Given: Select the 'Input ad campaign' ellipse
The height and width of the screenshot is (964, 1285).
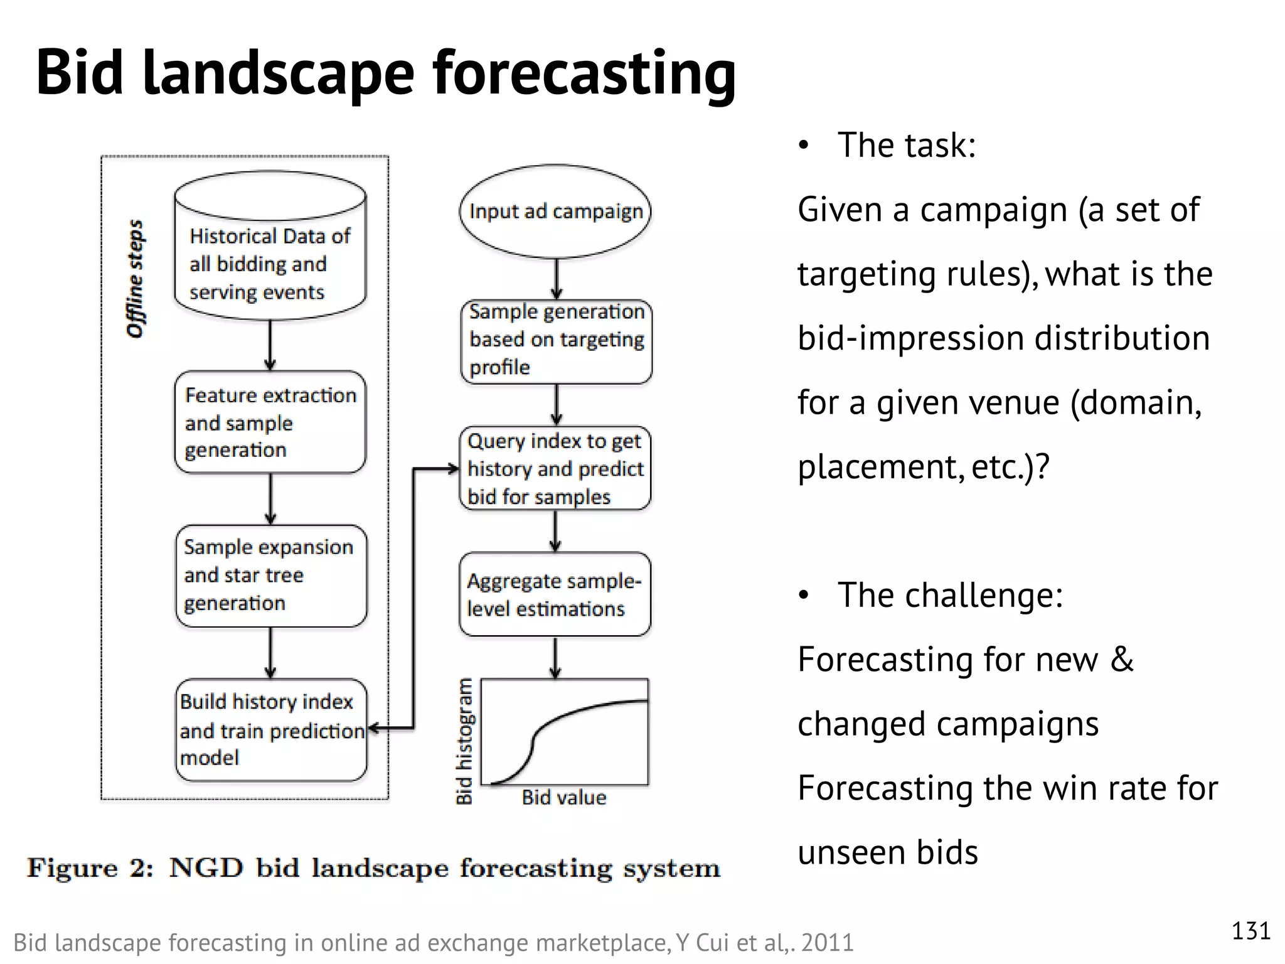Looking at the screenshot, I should point(555,212).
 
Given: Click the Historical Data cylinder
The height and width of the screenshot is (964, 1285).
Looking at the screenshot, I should point(270,251).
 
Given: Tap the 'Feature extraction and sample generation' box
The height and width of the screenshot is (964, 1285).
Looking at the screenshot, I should point(270,422).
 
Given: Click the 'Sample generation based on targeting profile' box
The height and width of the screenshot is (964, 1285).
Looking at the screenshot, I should point(556,340).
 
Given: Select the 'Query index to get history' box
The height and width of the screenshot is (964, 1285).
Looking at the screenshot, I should point(555,469).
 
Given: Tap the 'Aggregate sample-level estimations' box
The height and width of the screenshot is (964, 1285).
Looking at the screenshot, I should point(555,594).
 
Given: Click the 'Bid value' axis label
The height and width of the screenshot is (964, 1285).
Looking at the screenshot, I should point(563,798).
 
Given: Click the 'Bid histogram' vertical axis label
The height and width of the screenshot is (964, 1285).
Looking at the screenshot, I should point(464,741).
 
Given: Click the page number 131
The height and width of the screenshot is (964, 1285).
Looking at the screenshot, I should point(1250,931).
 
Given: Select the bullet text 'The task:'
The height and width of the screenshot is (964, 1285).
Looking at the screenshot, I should point(906,145).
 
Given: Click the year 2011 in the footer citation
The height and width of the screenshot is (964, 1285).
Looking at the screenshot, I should point(827,943).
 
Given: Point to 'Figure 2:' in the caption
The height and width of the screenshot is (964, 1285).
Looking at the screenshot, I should point(90,869).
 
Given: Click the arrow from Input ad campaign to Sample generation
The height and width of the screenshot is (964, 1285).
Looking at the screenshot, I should point(557,278).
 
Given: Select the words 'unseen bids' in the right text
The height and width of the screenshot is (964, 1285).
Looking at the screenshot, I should point(887,852).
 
